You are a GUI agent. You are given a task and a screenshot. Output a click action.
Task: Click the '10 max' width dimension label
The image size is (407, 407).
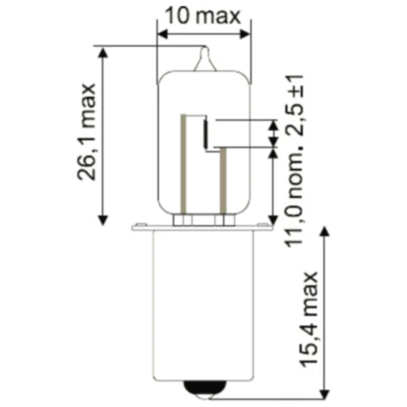(x=204, y=15)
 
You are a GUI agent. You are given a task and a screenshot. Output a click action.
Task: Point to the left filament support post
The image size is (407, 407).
(x=185, y=164)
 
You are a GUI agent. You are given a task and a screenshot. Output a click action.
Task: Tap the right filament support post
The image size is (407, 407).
(x=222, y=180)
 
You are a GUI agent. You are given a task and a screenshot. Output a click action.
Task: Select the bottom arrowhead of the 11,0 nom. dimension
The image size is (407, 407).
(x=272, y=220)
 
